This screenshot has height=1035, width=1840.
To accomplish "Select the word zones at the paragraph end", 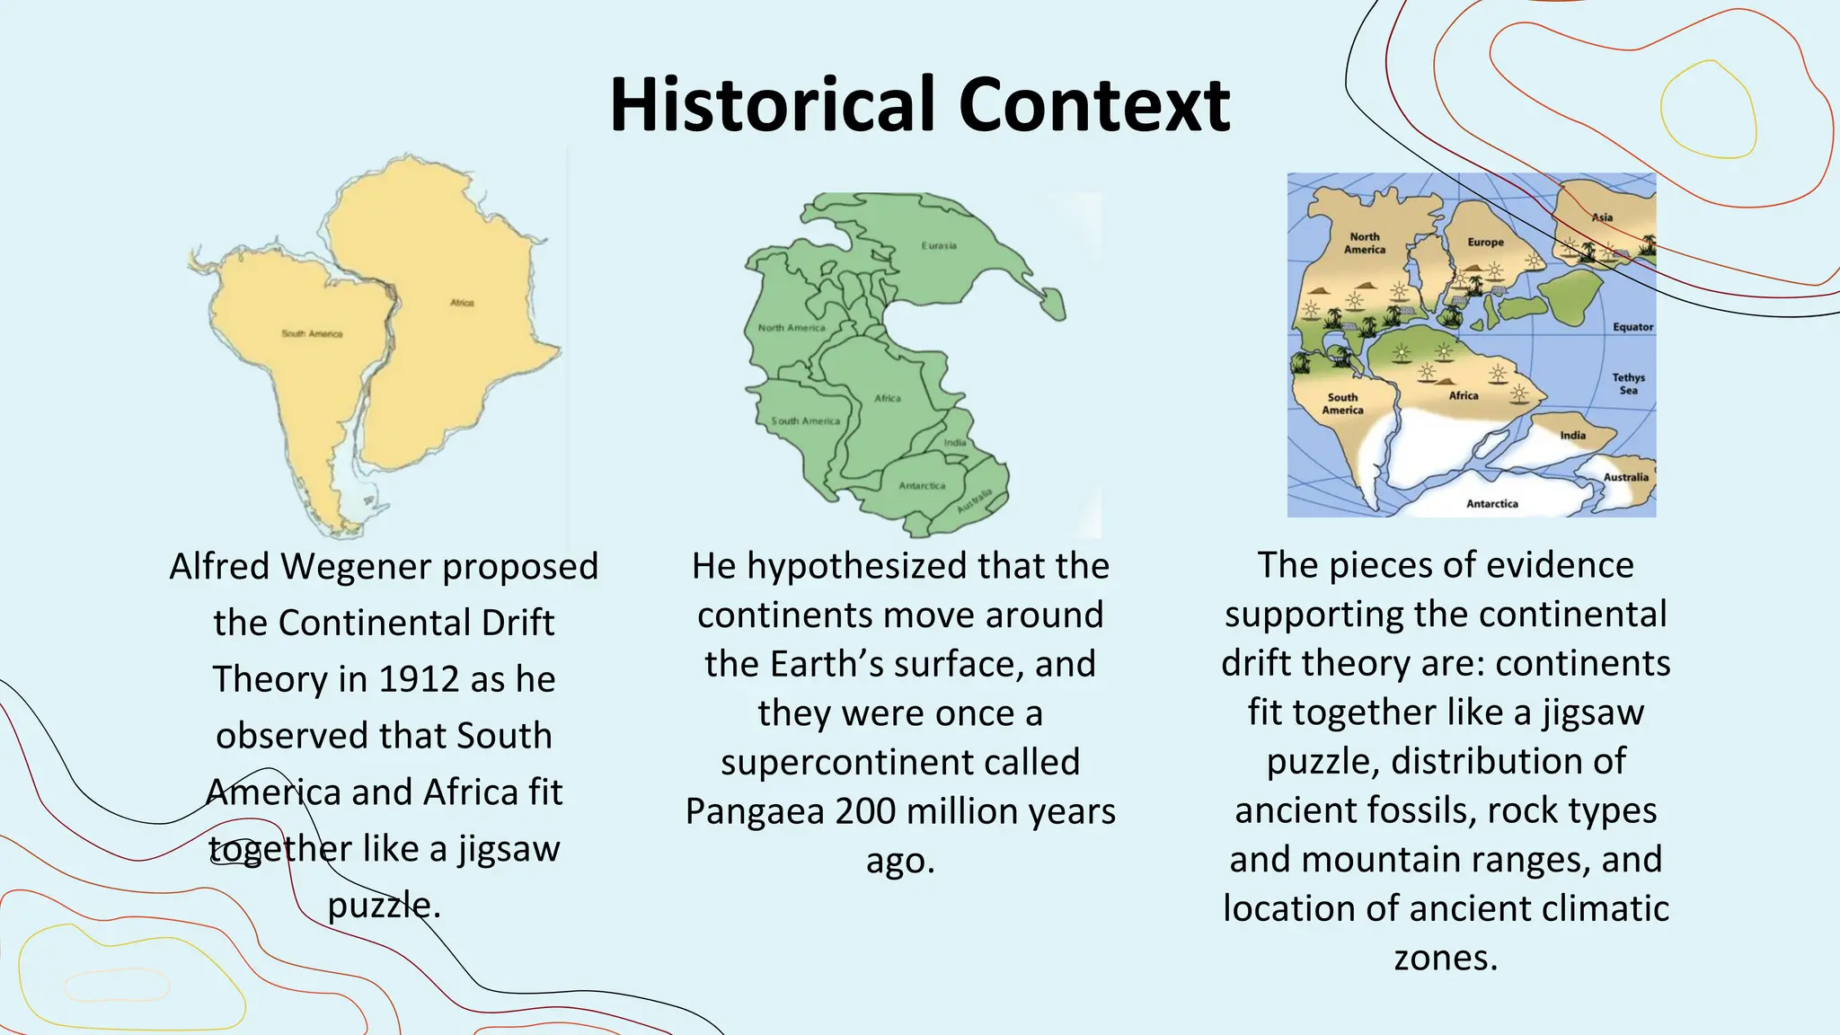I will pyautogui.click(x=1446, y=958).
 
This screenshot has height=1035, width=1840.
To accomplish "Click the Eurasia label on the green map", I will pyautogui.click(x=939, y=245).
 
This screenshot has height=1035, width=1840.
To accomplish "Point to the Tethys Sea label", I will pyautogui.click(x=1628, y=384).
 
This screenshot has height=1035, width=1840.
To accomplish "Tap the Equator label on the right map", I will pyautogui.click(x=1632, y=327).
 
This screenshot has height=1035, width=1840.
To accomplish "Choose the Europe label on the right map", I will pyautogui.click(x=1485, y=243).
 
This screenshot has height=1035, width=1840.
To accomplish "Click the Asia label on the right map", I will pyautogui.click(x=1602, y=217).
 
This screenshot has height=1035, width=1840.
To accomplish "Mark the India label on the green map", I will pyautogui.click(x=955, y=442).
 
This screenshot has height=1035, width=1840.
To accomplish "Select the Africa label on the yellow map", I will pyautogui.click(x=463, y=303).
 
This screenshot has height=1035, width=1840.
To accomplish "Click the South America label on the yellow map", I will pyautogui.click(x=312, y=333).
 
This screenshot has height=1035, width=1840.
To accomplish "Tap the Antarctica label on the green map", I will pyautogui.click(x=922, y=486).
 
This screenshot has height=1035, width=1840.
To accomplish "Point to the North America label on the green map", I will pyautogui.click(x=791, y=328).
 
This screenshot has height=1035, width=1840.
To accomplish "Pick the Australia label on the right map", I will pyautogui.click(x=1626, y=477).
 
